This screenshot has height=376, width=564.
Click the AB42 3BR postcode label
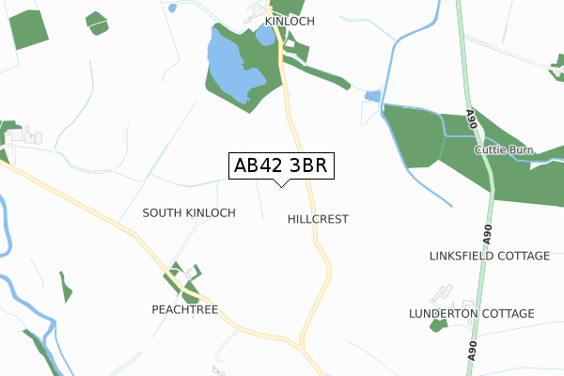[279, 165]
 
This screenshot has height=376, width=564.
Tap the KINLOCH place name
[290, 21]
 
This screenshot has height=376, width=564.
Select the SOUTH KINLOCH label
[189, 213]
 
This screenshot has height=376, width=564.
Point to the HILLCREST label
[318, 219]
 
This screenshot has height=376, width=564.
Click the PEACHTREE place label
[184, 308]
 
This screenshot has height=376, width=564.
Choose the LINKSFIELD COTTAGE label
[489, 256]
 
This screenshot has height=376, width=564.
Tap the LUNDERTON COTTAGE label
[471, 313]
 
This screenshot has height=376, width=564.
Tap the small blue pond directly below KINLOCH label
[265, 37]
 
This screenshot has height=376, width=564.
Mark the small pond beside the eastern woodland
[373, 96]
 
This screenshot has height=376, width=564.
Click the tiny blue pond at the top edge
[171, 8]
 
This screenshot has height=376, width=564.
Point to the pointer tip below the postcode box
[279, 184]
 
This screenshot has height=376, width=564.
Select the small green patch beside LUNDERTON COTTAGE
[436, 325]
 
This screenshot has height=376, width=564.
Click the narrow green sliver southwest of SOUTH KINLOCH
[65, 287]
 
